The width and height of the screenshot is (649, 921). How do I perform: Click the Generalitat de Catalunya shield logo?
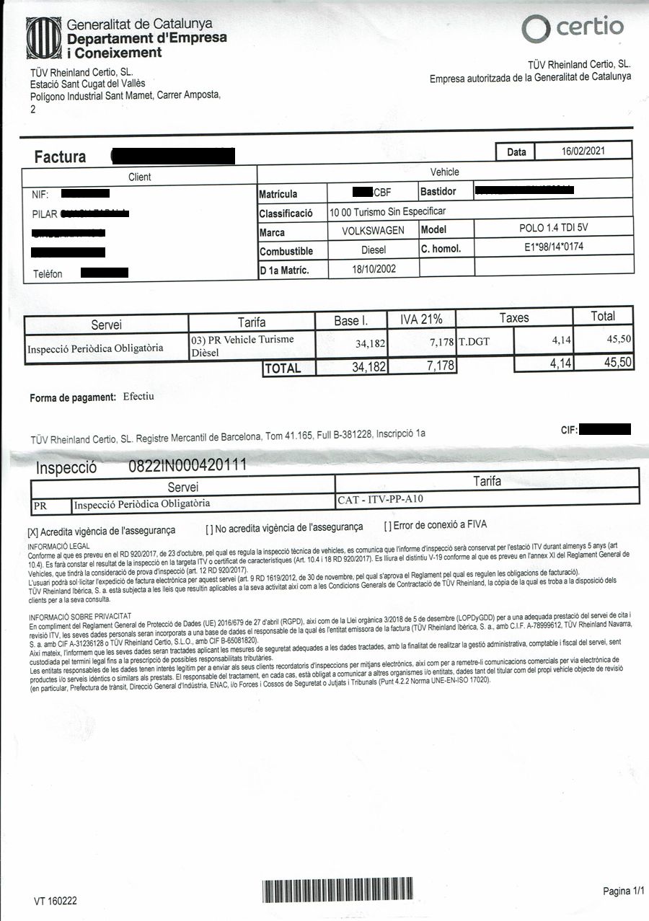click(x=45, y=38)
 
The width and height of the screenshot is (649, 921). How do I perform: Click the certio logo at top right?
click(x=573, y=28)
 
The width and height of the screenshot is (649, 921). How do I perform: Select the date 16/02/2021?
click(x=583, y=151)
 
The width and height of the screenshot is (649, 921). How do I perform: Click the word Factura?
click(x=60, y=157)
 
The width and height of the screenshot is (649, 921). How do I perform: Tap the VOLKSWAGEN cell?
click(x=373, y=232)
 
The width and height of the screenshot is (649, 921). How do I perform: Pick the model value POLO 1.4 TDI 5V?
click(x=554, y=229)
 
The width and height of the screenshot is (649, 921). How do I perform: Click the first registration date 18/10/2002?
click(x=373, y=268)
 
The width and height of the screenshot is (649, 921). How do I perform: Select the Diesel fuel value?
click(x=373, y=250)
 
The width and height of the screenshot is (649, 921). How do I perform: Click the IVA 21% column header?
click(x=421, y=318)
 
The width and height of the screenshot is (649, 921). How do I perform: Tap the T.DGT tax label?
click(x=474, y=341)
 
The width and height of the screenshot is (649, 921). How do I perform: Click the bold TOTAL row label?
click(x=282, y=369)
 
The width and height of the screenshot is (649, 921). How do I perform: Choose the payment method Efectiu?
click(x=138, y=397)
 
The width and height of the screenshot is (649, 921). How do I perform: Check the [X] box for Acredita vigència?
click(x=32, y=531)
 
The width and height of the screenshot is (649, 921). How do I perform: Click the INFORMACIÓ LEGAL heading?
click(x=58, y=547)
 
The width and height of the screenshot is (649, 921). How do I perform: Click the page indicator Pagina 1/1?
click(x=623, y=891)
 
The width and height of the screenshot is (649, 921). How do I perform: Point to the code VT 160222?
click(x=55, y=901)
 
